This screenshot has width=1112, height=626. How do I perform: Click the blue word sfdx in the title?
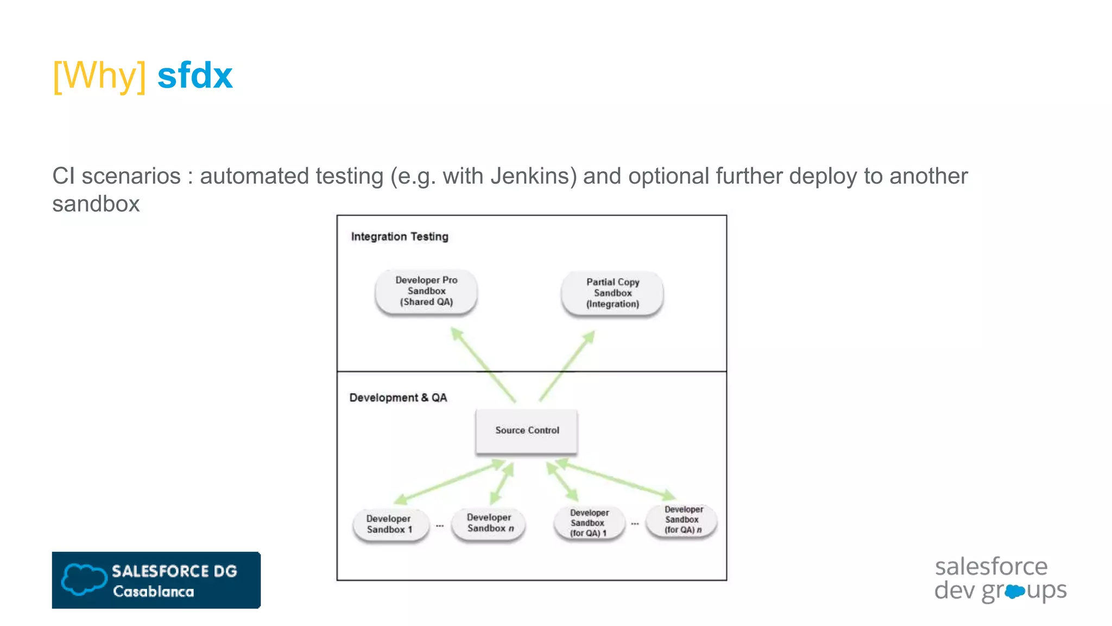[195, 76]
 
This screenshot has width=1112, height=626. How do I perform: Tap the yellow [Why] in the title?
[99, 76]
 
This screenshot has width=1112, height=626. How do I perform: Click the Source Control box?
[527, 430]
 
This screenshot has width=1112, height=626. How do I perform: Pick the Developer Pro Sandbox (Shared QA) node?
[426, 291]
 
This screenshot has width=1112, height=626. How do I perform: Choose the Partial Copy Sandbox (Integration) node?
[612, 293]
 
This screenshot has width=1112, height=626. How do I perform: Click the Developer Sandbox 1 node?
[389, 524]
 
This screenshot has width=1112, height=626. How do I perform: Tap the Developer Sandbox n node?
[489, 523]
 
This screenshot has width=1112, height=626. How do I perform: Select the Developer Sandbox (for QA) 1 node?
[589, 523]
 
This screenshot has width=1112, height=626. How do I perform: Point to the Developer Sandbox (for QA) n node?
[683, 520]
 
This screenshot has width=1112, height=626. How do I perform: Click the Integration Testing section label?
[400, 236]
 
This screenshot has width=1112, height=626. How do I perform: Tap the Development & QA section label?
[398, 398]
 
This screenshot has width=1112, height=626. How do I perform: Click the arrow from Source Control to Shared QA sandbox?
[483, 365]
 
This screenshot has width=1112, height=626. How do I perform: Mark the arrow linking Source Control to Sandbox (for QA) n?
[616, 479]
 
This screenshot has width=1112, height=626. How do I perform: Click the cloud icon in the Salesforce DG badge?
[84, 579]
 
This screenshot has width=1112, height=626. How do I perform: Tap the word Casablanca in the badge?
[153, 592]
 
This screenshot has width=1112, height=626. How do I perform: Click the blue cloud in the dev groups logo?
[1014, 591]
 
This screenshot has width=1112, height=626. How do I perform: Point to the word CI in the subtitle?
[63, 176]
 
